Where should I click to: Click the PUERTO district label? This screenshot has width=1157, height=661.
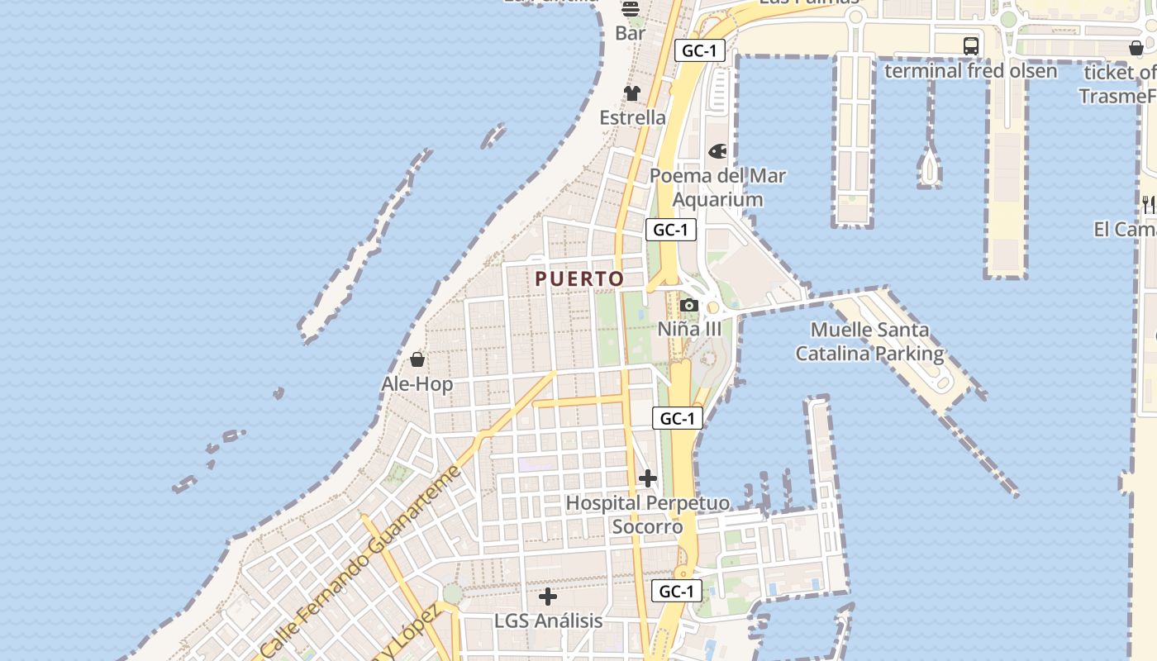(579, 278)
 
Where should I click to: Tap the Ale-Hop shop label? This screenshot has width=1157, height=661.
(417, 384)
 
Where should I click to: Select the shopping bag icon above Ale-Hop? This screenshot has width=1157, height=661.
(417, 359)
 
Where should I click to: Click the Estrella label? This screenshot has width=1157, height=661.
(632, 117)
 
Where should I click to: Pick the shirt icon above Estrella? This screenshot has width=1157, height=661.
(632, 93)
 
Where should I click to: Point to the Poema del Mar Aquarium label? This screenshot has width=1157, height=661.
(717, 188)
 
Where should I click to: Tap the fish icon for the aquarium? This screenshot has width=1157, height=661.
(717, 152)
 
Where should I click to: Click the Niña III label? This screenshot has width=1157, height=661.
(689, 329)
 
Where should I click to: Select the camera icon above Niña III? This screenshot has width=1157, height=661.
(688, 306)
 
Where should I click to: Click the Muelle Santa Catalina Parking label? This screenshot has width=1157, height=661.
(869, 342)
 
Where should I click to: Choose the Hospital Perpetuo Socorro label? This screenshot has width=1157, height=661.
(648, 515)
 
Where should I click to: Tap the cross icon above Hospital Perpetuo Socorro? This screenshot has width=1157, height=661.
(648, 478)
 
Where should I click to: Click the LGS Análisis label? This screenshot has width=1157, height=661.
(548, 621)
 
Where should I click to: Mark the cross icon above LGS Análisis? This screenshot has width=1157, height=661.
(548, 597)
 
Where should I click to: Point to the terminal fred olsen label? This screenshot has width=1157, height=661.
(970, 71)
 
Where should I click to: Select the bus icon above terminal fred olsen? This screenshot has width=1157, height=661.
(971, 46)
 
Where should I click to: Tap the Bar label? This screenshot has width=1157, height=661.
(631, 34)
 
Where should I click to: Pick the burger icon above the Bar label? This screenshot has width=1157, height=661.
(631, 9)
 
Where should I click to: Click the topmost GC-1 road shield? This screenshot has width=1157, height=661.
(699, 50)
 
